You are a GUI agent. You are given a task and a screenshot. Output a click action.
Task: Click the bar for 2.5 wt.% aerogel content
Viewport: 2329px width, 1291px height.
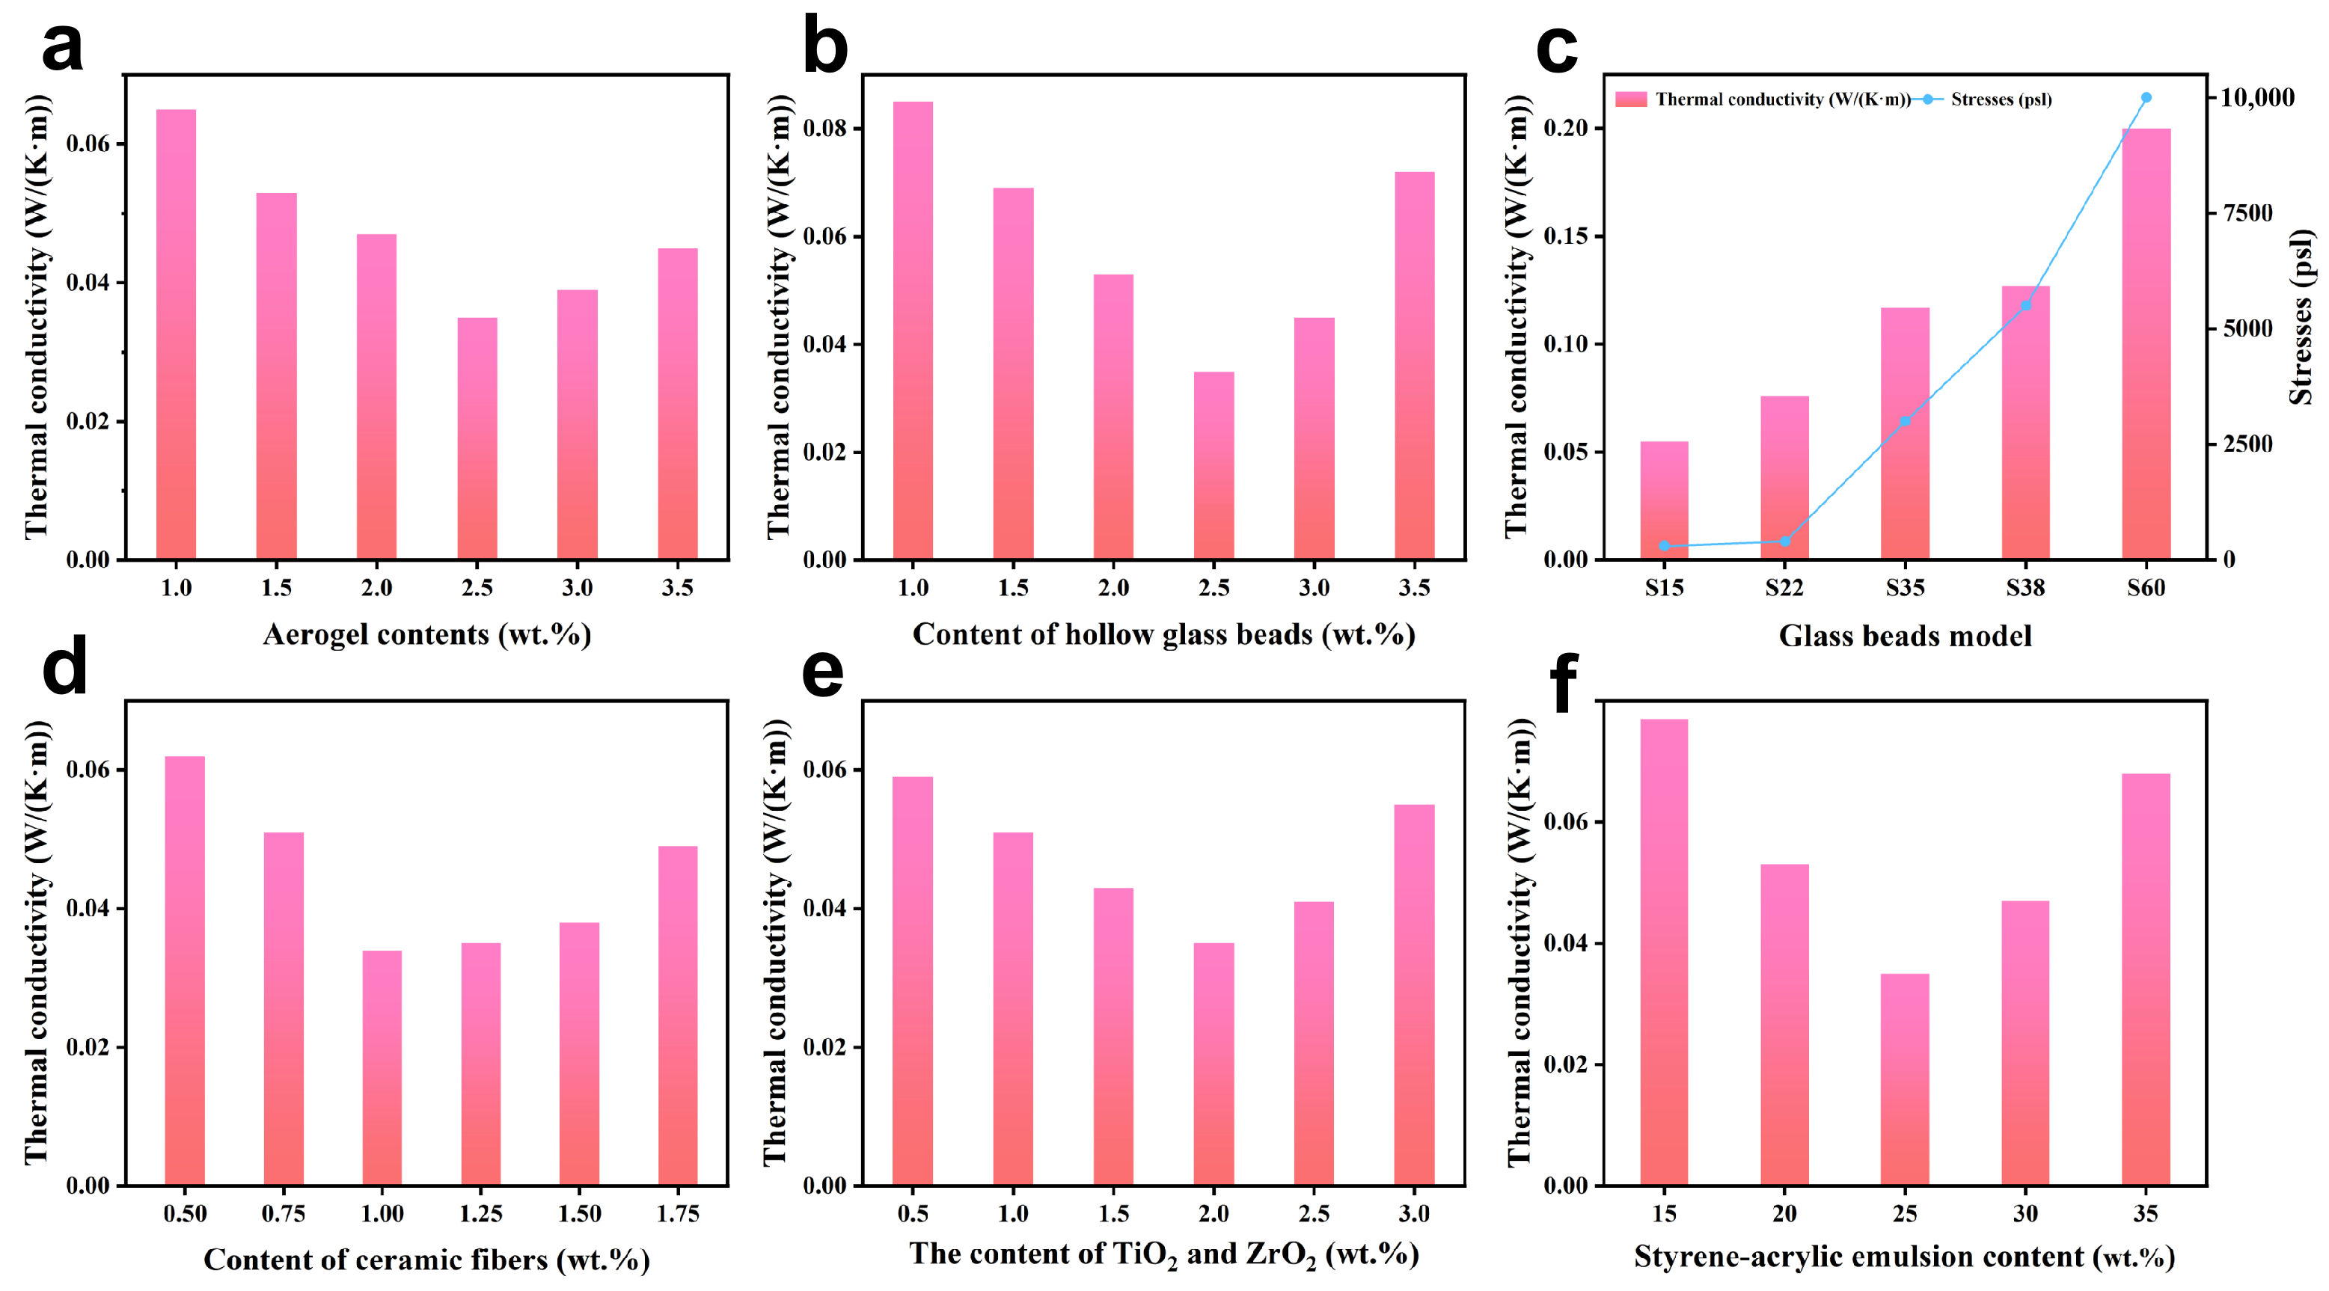tap(477, 438)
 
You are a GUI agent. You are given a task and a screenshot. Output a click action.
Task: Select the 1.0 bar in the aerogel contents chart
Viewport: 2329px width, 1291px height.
tap(177, 334)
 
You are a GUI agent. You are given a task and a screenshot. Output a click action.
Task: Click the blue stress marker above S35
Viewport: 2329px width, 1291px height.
tap(1905, 421)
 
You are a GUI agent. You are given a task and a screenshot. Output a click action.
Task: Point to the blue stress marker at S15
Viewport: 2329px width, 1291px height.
tap(1665, 546)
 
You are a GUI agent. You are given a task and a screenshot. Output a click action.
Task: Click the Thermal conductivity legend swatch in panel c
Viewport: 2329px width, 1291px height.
tap(1631, 99)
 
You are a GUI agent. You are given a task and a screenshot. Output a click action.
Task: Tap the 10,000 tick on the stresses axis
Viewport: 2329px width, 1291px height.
tap(2256, 98)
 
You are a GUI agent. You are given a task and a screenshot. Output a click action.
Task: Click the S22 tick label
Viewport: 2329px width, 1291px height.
tap(1785, 588)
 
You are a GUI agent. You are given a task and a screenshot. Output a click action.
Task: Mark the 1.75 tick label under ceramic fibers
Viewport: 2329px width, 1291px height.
tap(678, 1213)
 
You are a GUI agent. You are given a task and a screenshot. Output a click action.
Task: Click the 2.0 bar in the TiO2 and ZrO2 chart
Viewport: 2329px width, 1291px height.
tap(1214, 1064)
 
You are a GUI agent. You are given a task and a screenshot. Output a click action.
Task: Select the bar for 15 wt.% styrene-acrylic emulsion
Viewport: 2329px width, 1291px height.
tap(1665, 952)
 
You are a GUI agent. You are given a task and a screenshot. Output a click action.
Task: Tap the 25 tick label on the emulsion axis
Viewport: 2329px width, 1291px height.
tap(1905, 1213)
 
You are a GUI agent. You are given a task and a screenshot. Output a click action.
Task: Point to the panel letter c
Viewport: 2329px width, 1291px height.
tap(1557, 49)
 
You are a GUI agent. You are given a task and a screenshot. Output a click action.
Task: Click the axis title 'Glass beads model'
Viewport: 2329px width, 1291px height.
tap(1905, 636)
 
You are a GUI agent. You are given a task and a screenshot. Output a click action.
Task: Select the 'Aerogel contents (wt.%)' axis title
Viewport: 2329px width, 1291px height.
tap(426, 634)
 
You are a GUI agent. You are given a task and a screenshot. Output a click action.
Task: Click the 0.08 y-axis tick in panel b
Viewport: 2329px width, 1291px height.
tap(824, 129)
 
